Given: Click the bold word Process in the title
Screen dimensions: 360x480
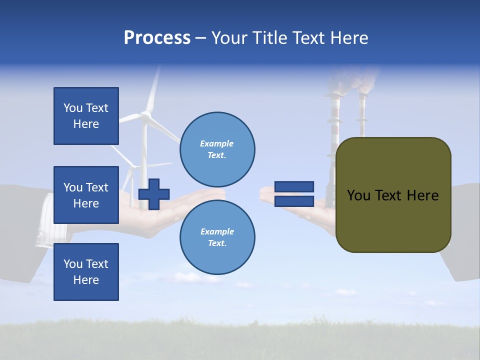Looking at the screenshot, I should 157,38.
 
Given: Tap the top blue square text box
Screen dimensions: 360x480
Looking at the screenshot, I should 86,116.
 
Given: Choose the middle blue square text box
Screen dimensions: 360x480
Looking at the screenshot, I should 86,195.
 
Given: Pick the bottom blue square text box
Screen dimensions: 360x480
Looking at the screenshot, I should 86,271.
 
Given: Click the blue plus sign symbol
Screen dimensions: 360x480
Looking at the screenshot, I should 154,194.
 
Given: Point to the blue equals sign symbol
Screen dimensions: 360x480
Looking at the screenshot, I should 294,194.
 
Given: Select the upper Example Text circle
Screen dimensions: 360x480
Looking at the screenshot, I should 217,149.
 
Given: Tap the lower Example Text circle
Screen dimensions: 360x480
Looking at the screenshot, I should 217,237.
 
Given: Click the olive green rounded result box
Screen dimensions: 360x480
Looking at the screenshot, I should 393,195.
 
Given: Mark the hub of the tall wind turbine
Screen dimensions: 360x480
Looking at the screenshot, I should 145,115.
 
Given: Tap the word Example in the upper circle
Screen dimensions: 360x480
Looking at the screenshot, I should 217,143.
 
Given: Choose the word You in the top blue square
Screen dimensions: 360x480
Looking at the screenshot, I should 73,108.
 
